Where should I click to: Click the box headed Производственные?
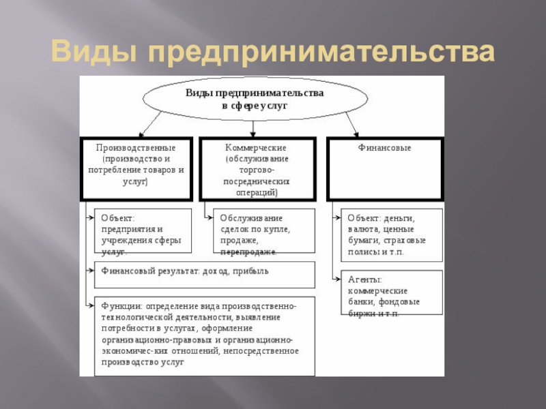(x=136, y=169)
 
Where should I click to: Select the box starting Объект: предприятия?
(x=141, y=232)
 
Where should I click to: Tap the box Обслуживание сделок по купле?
(x=263, y=232)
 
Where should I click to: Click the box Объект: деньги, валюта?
(x=391, y=235)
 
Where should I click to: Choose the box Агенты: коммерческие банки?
(x=391, y=292)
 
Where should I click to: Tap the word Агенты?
(x=364, y=279)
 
